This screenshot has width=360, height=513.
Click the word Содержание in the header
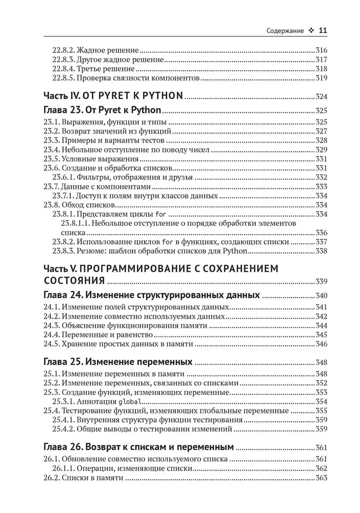tap(286, 31)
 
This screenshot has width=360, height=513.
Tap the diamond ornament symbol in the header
tap(311, 31)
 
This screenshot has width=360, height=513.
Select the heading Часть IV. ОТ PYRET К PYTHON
tap(113, 95)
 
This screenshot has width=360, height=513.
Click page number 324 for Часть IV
tap(321, 96)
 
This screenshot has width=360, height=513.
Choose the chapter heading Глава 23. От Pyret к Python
tap(102, 110)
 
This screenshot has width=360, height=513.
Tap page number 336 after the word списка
tap(321, 232)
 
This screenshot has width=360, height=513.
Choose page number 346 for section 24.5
tap(321, 344)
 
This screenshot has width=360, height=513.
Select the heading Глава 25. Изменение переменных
tap(118, 361)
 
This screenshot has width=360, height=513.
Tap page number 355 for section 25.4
tap(321, 410)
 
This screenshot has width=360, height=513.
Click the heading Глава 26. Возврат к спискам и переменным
tap(138, 445)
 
